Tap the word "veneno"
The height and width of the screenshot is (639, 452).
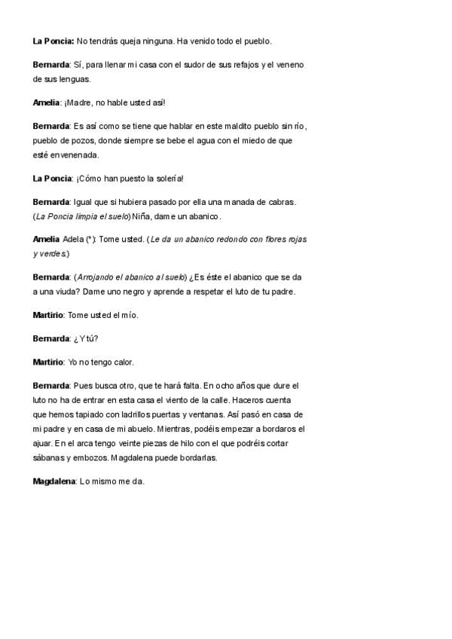pos(288,65)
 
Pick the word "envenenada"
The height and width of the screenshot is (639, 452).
pos(75,154)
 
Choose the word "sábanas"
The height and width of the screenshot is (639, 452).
pos(49,457)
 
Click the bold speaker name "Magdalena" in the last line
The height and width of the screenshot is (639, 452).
pos(54,481)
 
